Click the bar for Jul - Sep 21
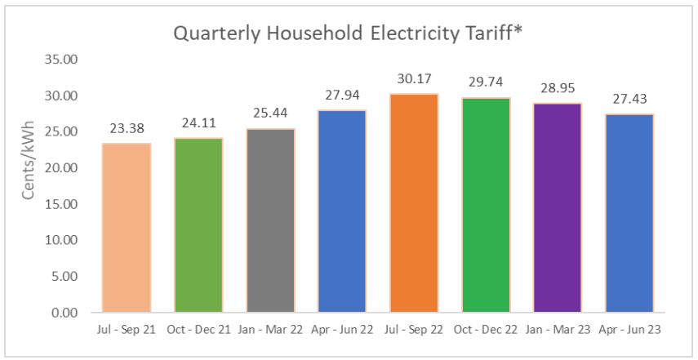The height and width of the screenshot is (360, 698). [x=126, y=228]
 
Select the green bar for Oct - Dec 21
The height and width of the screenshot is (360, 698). [x=198, y=225]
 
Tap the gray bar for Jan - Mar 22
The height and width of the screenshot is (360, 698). [x=270, y=220]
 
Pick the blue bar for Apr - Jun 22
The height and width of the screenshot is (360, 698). [x=342, y=211]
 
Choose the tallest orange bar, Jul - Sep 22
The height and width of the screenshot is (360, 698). [x=414, y=203]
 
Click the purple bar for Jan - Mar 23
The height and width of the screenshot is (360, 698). [x=558, y=207]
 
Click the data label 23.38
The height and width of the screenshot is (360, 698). [x=126, y=129]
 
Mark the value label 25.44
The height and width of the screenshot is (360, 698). [x=270, y=114]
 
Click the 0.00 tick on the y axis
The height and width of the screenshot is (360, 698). [x=63, y=313]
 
